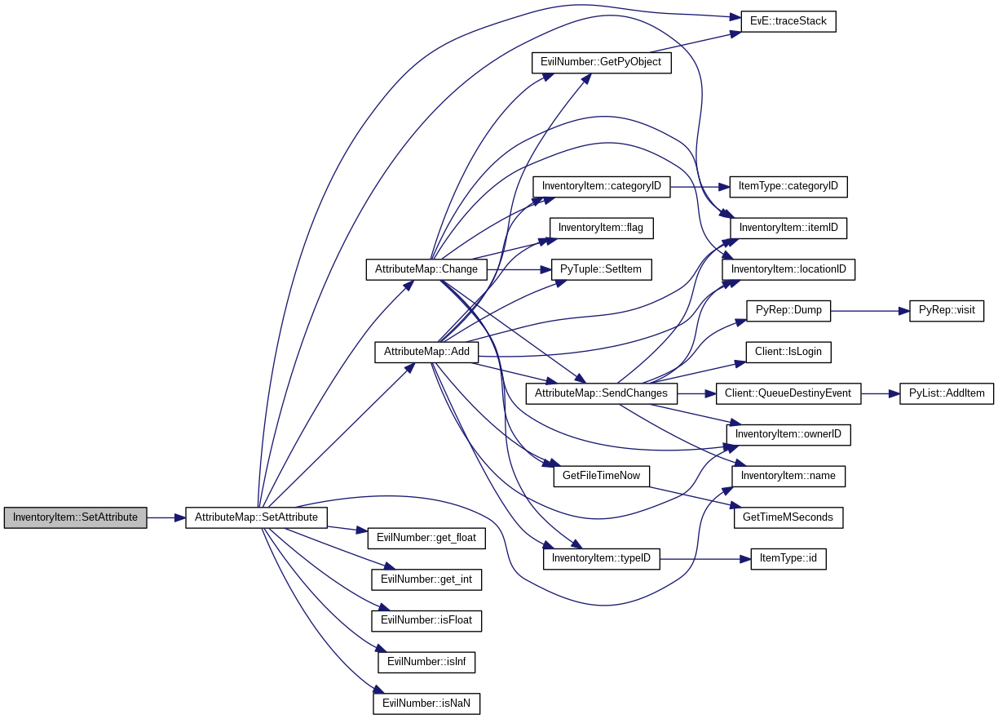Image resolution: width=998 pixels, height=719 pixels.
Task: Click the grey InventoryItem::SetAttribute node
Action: (x=75, y=517)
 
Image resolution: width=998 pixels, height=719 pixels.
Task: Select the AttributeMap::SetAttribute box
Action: (x=256, y=517)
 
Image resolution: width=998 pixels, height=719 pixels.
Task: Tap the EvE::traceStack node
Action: (x=788, y=21)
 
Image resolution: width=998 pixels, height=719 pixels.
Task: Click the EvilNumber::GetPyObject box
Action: (x=601, y=62)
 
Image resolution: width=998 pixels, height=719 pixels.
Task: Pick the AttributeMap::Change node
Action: (x=426, y=269)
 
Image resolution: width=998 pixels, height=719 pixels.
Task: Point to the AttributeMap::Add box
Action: (x=426, y=352)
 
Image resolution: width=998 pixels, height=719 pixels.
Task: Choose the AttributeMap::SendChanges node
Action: (x=601, y=393)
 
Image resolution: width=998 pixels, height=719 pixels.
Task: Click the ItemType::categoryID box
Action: (x=788, y=186)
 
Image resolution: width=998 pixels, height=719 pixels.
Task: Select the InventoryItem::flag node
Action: (x=601, y=228)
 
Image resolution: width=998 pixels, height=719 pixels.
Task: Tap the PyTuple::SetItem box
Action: (x=601, y=269)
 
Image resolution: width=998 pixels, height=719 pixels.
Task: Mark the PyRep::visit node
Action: (x=947, y=310)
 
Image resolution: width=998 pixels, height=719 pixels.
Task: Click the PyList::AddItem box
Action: (x=947, y=393)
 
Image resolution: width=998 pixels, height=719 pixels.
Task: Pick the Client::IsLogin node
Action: (x=788, y=352)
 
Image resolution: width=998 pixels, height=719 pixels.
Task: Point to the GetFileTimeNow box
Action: (x=601, y=476)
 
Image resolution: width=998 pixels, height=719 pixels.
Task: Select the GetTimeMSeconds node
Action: (x=788, y=517)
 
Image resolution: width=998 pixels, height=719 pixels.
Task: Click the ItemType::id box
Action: (x=788, y=559)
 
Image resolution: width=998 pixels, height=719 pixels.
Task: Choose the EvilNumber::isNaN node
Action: (x=426, y=703)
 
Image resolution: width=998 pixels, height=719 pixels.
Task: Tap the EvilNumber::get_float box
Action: (x=426, y=538)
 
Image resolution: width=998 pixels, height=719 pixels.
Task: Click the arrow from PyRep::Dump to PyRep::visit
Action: (x=869, y=310)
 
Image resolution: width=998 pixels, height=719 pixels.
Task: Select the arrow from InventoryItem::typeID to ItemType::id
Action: (x=704, y=559)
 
